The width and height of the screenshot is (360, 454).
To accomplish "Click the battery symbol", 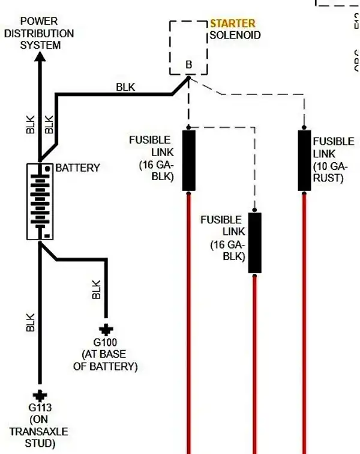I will point(40,201).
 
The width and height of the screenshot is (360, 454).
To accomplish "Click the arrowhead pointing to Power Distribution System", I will point(40,58).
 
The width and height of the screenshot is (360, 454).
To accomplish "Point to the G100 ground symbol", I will point(106,329).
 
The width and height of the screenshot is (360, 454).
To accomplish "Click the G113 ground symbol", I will point(40,395).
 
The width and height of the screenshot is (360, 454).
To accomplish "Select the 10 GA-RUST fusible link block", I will point(304,160).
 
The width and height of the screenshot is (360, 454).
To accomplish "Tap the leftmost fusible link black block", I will point(188,160).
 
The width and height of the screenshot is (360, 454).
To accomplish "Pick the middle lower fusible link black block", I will point(255,242).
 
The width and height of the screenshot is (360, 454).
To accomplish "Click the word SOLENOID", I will point(235,35).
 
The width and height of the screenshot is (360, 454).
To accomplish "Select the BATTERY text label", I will point(77,168).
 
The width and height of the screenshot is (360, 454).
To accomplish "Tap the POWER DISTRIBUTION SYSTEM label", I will point(39,34).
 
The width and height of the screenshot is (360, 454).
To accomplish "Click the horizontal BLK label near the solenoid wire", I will point(125,87).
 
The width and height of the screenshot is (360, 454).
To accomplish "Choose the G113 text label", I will point(40,408).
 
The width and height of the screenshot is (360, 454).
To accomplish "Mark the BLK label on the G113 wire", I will point(31,322).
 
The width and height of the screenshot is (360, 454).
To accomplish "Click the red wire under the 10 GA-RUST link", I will point(304,318).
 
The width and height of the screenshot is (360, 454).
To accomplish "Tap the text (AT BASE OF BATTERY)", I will point(105,360).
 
